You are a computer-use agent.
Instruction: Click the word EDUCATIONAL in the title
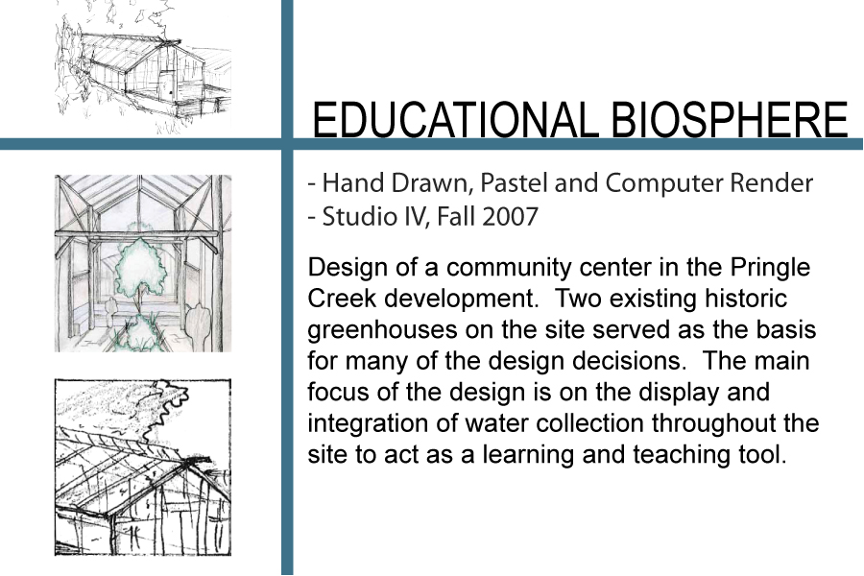[x=455, y=119]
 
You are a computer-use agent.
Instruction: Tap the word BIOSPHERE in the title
[x=730, y=119]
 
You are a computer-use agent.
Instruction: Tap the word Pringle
[x=770, y=268]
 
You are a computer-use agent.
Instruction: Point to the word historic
[x=746, y=299]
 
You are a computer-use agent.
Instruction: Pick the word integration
[x=368, y=424]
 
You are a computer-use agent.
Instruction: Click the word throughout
[x=716, y=424]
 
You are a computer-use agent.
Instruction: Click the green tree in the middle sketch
[x=140, y=267]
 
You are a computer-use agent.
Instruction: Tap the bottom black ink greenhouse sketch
[x=143, y=468]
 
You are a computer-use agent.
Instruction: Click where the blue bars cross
[x=287, y=144]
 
